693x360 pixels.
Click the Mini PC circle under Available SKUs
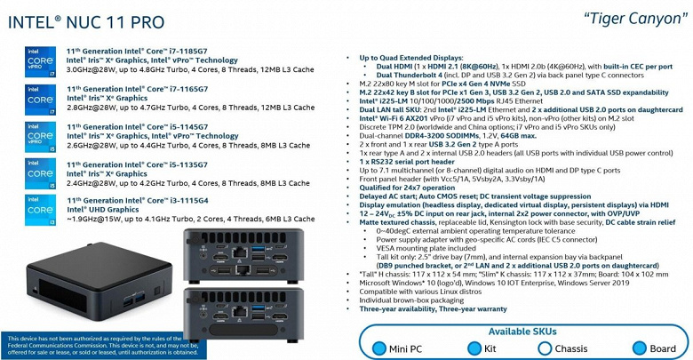pyautogui.click(x=379, y=348)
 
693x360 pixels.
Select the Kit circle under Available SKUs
pyautogui.click(x=466, y=348)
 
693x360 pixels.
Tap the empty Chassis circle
pyautogui.click(x=544, y=348)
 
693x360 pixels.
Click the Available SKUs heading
pyautogui.click(x=524, y=331)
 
